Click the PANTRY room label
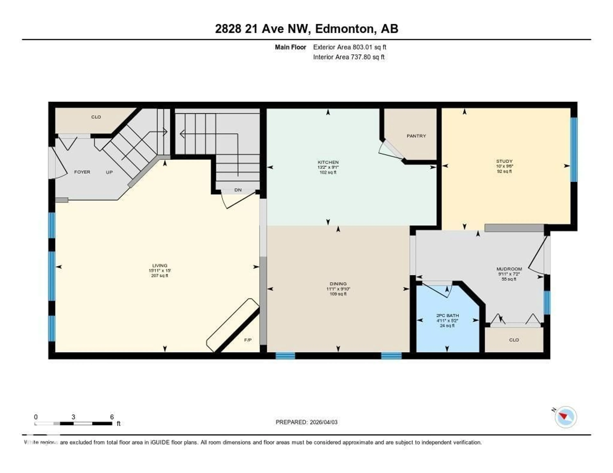[x=416, y=136]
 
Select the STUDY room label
[x=504, y=161]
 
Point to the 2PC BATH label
[x=447, y=315]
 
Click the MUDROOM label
[x=509, y=269]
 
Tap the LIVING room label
[x=160, y=266]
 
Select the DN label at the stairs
[x=238, y=190]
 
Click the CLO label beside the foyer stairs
[x=96, y=117]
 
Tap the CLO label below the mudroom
[x=514, y=340]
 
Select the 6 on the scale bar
[x=112, y=417]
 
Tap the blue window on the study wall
[x=574, y=149]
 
